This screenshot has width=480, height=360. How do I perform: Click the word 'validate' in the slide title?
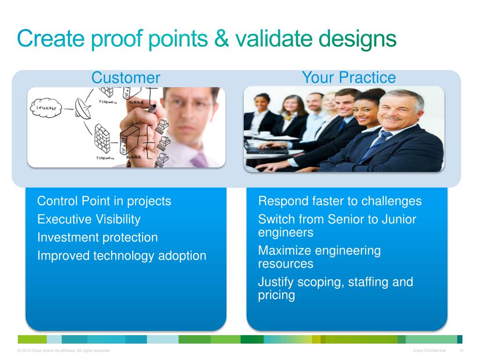(x=274, y=38)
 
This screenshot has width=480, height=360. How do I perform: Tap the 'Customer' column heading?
(x=126, y=77)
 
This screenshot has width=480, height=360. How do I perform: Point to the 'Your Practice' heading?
(x=349, y=77)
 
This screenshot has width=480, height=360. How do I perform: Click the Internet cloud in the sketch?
(x=46, y=108)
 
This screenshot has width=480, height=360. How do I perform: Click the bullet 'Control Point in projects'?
(x=104, y=201)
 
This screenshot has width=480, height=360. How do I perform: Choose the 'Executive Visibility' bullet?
(x=89, y=219)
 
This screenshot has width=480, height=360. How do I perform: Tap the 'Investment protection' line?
(x=97, y=238)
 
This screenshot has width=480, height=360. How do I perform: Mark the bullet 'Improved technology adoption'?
(x=122, y=255)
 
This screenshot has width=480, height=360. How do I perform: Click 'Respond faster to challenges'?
(x=340, y=201)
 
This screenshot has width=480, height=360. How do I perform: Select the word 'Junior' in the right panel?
(x=399, y=219)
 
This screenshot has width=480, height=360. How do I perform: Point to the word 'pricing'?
(x=277, y=295)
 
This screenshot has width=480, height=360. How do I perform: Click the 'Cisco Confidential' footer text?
(x=429, y=351)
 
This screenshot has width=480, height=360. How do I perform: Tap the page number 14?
(x=461, y=351)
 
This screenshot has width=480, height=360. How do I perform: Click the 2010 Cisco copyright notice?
(x=64, y=351)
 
